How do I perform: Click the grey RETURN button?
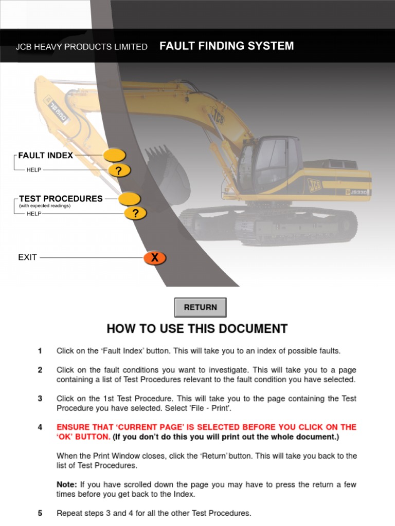click(x=200, y=307)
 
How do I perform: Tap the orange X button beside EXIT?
click(x=154, y=258)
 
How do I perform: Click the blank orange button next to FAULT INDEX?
click(x=114, y=155)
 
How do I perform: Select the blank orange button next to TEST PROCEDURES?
click(x=130, y=198)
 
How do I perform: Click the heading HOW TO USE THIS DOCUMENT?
click(x=197, y=329)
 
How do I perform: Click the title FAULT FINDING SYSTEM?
click(x=227, y=46)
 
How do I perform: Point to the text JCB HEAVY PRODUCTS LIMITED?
click(x=81, y=47)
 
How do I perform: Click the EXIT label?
click(x=28, y=257)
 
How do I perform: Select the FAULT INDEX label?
click(x=46, y=155)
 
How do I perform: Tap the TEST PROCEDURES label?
click(x=61, y=198)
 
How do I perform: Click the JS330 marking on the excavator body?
click(x=358, y=192)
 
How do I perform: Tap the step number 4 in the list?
click(x=40, y=427)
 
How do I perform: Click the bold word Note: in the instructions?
click(x=67, y=484)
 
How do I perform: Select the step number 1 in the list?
click(x=40, y=351)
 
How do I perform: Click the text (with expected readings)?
click(x=45, y=206)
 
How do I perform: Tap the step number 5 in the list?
click(x=40, y=513)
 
